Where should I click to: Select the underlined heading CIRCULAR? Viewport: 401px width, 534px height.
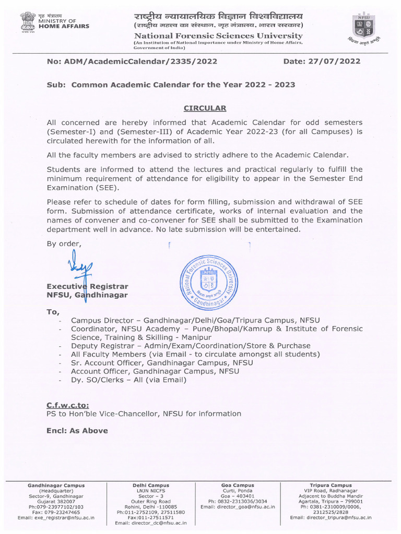(x=205, y=108)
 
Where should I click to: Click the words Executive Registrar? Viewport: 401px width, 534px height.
(x=88, y=286)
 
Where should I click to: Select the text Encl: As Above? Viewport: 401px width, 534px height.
(x=77, y=431)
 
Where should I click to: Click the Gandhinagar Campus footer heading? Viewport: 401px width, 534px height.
(x=56, y=486)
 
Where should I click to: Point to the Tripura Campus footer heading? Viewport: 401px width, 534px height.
(x=331, y=486)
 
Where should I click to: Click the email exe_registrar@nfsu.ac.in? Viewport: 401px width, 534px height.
(x=56, y=517)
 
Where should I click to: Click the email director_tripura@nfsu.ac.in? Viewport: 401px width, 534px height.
(x=331, y=517)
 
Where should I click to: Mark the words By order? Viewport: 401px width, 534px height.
(x=64, y=244)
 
